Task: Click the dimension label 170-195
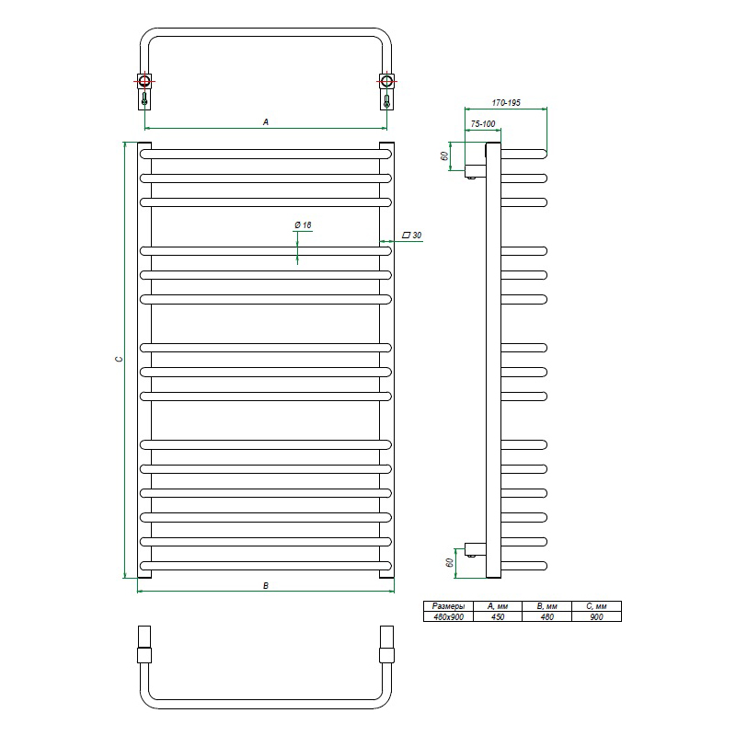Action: pyautogui.click(x=505, y=103)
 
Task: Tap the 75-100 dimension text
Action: pyautogui.click(x=482, y=124)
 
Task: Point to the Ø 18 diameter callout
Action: pyautogui.click(x=303, y=225)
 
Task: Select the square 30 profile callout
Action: pyautogui.click(x=412, y=236)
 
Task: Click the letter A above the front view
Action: pyautogui.click(x=266, y=122)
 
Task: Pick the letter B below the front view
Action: pyautogui.click(x=266, y=586)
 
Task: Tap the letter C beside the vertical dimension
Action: pyautogui.click(x=120, y=359)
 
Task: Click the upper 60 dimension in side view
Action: pyautogui.click(x=444, y=155)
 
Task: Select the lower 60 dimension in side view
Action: pyautogui.click(x=449, y=562)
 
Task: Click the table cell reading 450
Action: pyautogui.click(x=498, y=616)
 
